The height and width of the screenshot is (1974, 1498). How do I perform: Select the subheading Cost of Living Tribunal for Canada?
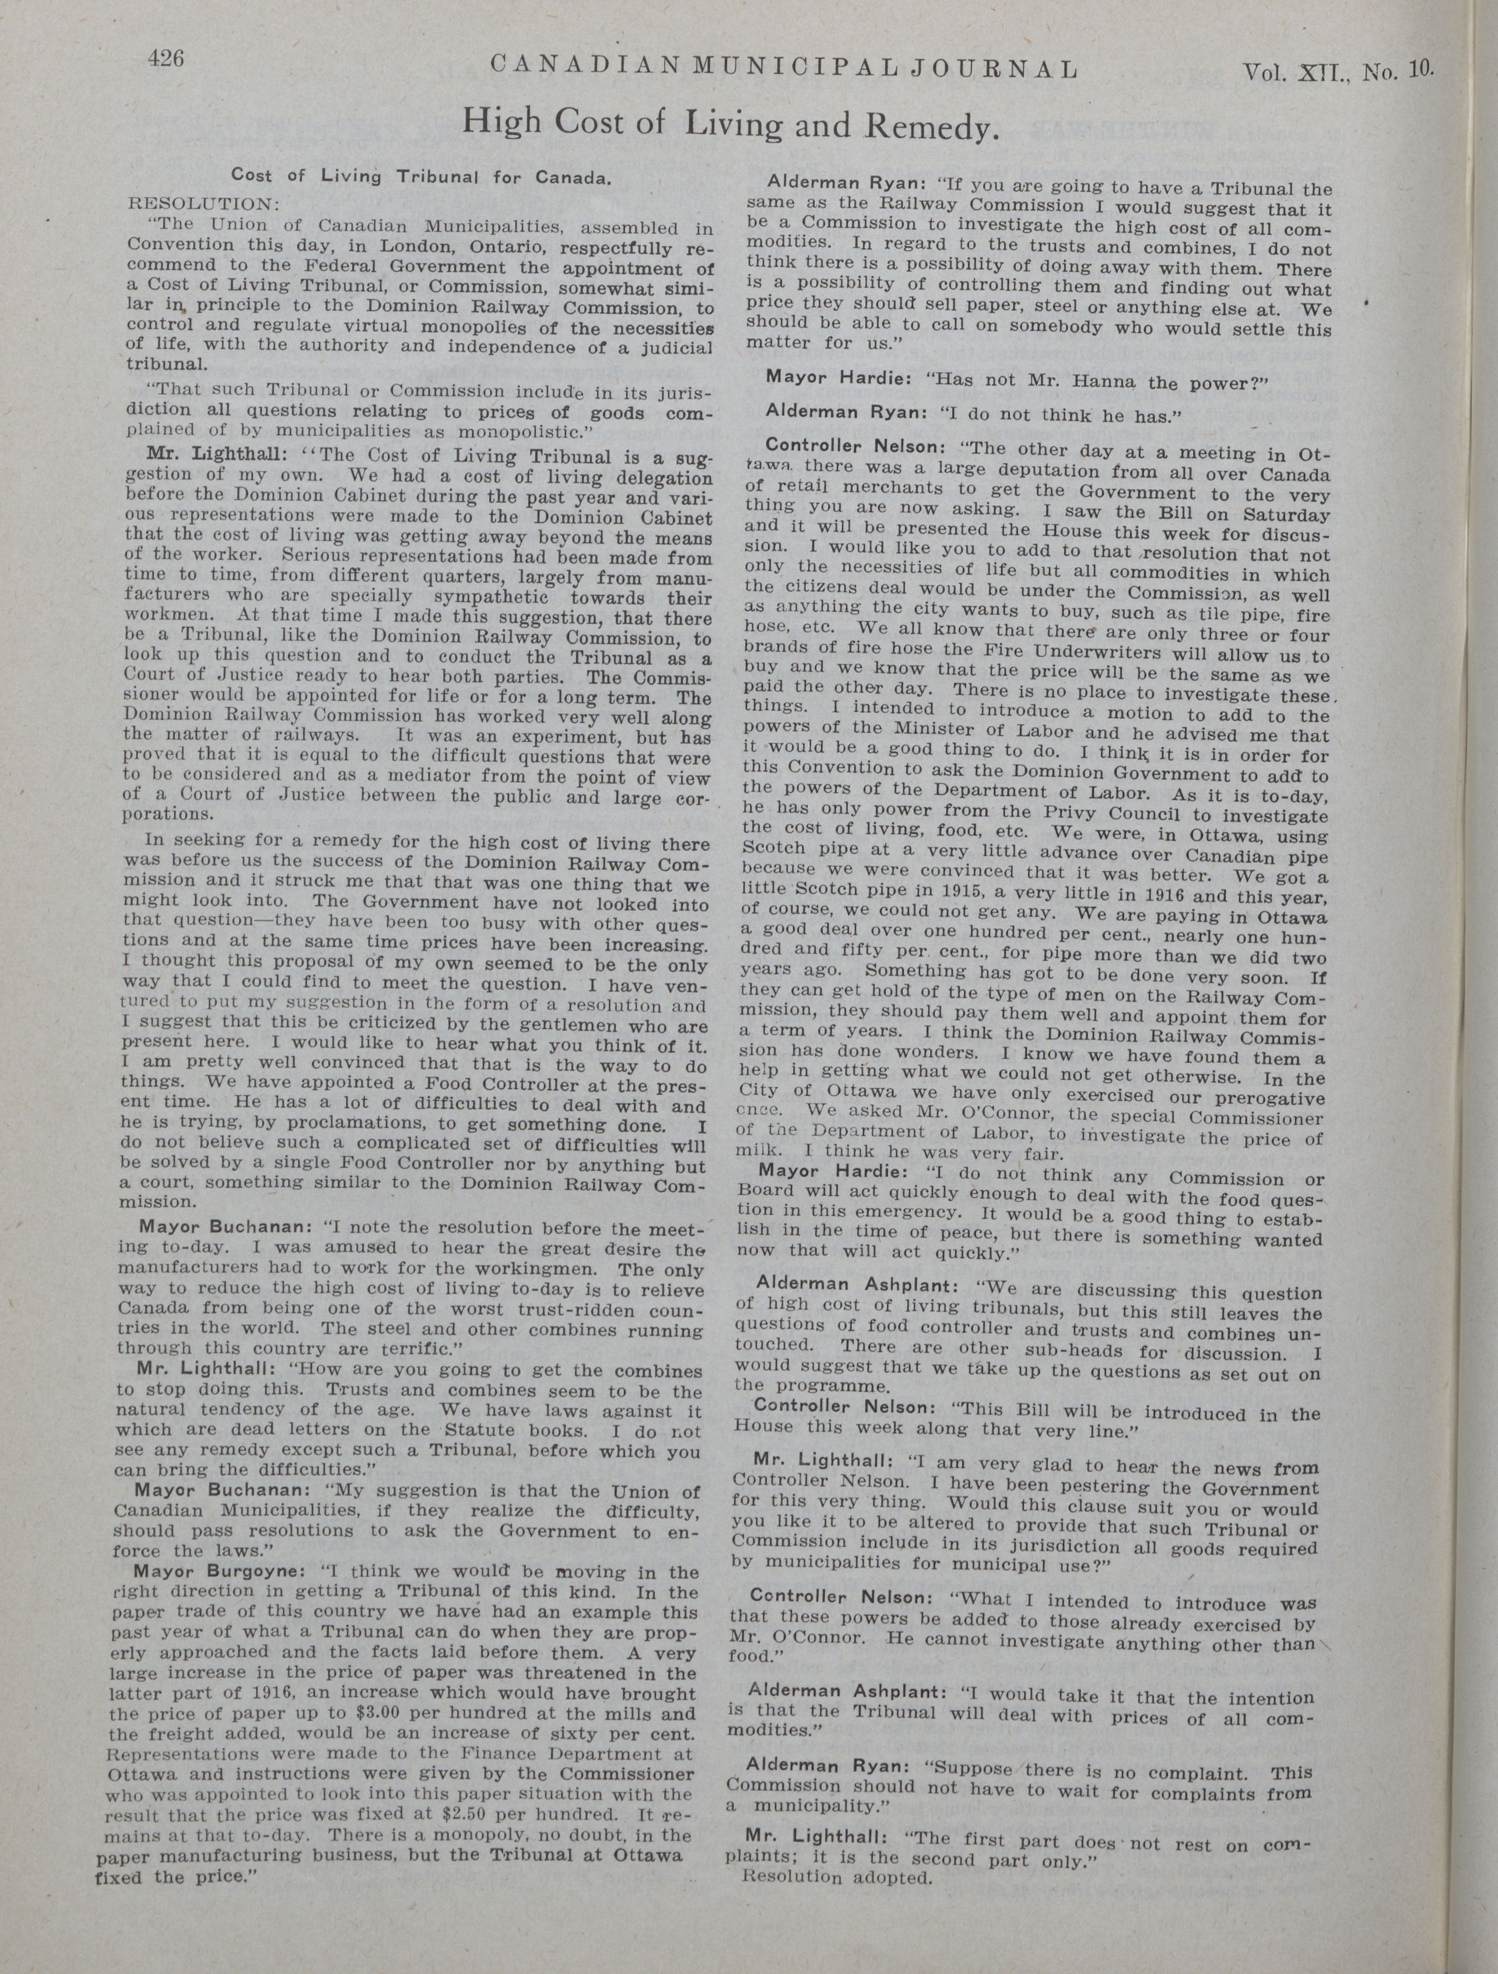pyautogui.click(x=421, y=176)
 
